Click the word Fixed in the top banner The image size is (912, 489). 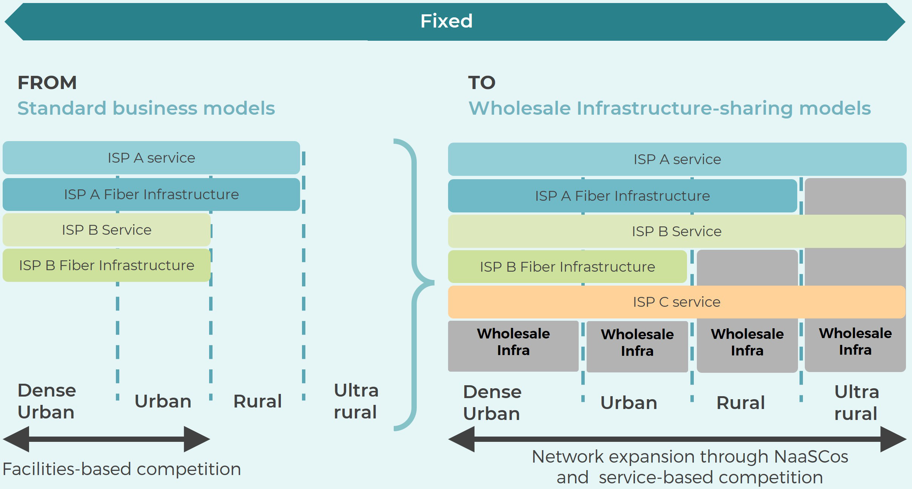(446, 21)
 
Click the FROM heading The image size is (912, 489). (47, 83)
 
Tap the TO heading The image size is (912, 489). (481, 83)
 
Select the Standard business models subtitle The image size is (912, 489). (146, 108)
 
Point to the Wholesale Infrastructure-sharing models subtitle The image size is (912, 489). (669, 108)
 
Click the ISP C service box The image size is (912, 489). (676, 302)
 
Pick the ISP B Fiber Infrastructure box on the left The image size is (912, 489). (106, 265)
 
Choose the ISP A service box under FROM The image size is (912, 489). (151, 158)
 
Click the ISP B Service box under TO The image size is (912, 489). (676, 231)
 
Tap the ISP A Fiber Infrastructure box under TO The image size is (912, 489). (622, 196)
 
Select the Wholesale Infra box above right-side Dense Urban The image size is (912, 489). (513, 346)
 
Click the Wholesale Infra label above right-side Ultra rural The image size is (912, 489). (855, 341)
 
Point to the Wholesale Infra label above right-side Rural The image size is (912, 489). (747, 342)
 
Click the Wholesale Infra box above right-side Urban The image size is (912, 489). (637, 346)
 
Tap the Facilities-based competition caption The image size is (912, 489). (122, 469)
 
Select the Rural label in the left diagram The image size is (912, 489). (257, 401)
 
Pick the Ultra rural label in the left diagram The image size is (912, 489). (356, 401)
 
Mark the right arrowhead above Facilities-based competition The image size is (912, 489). (196, 439)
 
